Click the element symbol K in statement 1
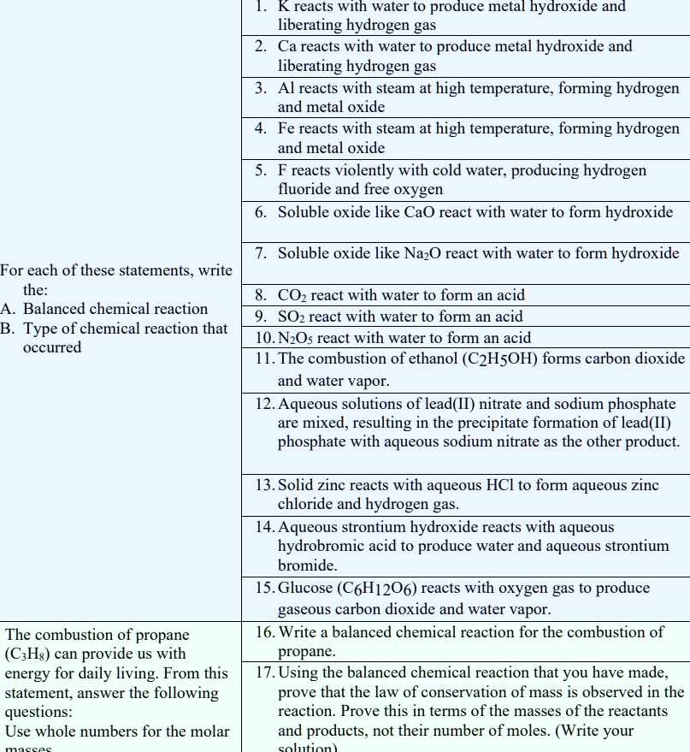(x=284, y=7)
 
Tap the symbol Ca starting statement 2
(x=288, y=46)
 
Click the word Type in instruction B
(x=39, y=328)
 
